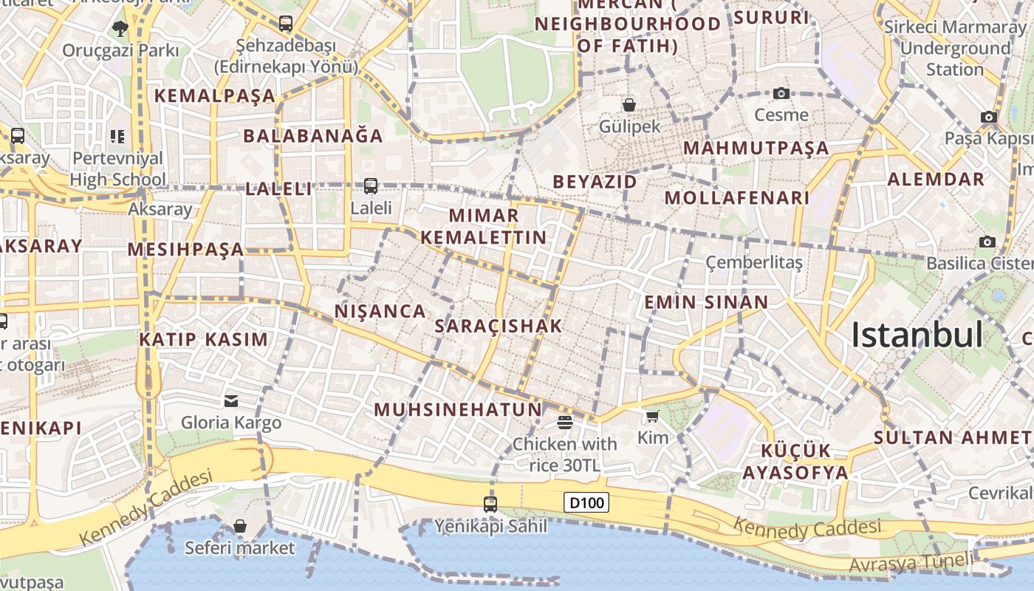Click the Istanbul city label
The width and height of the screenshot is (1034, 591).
coord(917,335)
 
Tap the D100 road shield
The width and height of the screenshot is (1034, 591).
coord(587,503)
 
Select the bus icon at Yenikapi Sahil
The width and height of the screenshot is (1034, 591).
coord(490,505)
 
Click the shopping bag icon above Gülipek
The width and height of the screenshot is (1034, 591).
coord(629,105)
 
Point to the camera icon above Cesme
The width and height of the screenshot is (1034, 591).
coord(781,93)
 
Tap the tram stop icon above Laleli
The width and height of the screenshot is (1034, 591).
coord(371,186)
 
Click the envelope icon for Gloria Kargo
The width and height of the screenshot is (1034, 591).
coord(231,401)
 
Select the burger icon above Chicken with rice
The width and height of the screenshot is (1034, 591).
coord(565,422)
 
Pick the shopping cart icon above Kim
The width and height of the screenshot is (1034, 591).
coord(652,417)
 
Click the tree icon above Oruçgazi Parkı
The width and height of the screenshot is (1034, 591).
coord(120,29)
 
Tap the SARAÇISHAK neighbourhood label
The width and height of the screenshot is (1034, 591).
coord(499,326)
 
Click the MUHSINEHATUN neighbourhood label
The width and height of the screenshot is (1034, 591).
coord(458,409)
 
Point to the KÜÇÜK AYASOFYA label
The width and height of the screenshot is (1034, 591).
coord(795,462)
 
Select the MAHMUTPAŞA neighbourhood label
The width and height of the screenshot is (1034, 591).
coord(756,148)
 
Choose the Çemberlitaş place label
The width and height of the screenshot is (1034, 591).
coord(754,262)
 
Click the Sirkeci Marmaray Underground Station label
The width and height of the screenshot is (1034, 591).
coord(955,48)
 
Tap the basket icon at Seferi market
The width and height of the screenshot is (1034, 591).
coord(240,526)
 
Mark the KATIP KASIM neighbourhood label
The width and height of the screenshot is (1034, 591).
coord(204,340)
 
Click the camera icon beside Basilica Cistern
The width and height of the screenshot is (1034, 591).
coord(987,242)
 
